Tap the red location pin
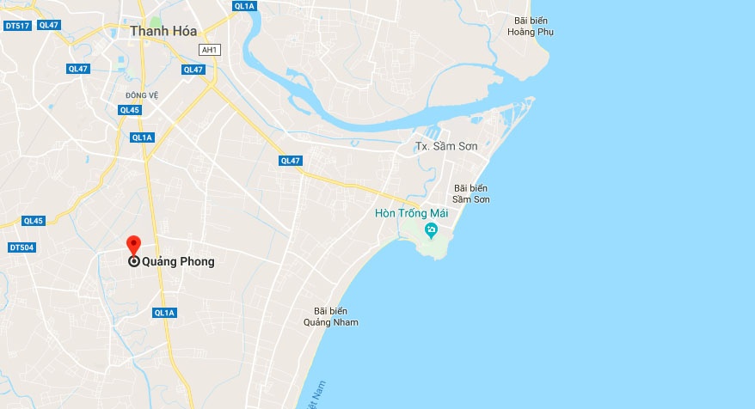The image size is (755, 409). click(x=133, y=244)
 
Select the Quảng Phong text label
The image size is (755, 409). click(x=178, y=262)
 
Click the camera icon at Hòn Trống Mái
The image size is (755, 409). click(x=431, y=229)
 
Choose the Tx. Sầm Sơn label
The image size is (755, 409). click(x=446, y=146)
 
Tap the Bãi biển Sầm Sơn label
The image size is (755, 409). click(x=471, y=193)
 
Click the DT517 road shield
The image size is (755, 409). click(x=17, y=26)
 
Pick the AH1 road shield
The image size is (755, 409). click(x=208, y=49)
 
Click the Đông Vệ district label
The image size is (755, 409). click(x=142, y=95)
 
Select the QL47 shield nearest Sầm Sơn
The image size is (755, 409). click(x=291, y=161)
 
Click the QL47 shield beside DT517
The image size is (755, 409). click(x=49, y=25)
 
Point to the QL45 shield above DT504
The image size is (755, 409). click(x=33, y=221)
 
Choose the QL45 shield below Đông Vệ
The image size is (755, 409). click(x=130, y=110)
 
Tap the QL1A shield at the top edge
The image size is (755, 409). click(x=244, y=5)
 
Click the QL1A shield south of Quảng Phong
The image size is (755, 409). click(x=164, y=313)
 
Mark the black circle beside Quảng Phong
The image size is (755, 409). click(x=134, y=262)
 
